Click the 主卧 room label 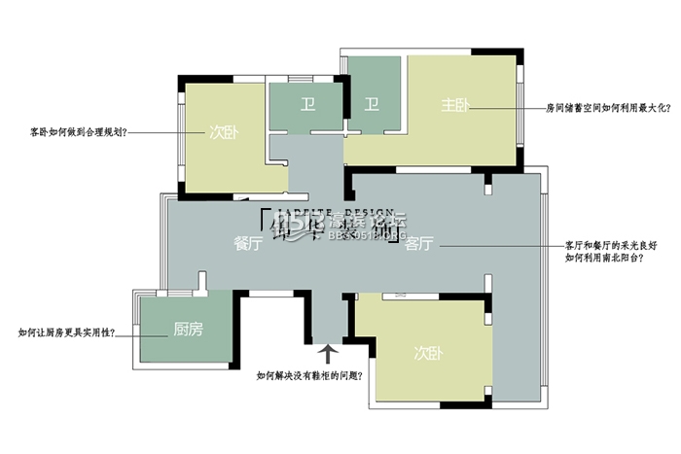tap(455, 105)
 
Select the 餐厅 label tap(249, 244)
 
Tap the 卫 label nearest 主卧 tap(371, 104)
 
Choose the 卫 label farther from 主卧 tap(306, 104)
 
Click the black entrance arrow tap(327, 351)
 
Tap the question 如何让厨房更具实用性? tap(66, 332)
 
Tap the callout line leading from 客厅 tap(496, 245)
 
